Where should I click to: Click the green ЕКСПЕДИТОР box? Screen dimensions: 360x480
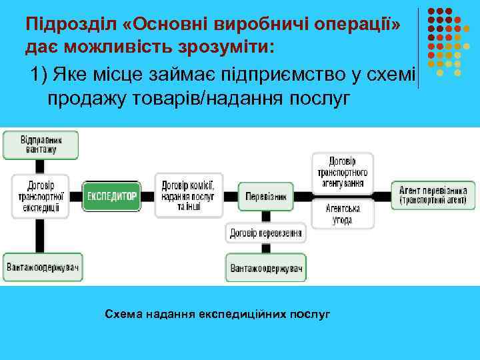[x=112, y=197]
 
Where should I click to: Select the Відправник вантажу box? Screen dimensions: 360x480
[x=40, y=145]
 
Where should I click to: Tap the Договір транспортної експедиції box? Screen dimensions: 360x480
[x=40, y=197]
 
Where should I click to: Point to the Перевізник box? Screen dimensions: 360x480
[x=266, y=197]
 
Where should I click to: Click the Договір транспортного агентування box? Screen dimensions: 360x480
[x=342, y=172]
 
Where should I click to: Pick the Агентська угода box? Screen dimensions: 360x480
[x=342, y=214]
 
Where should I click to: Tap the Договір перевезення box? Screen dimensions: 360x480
[x=266, y=233]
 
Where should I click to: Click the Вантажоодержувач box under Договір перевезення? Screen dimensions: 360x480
[x=266, y=268]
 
